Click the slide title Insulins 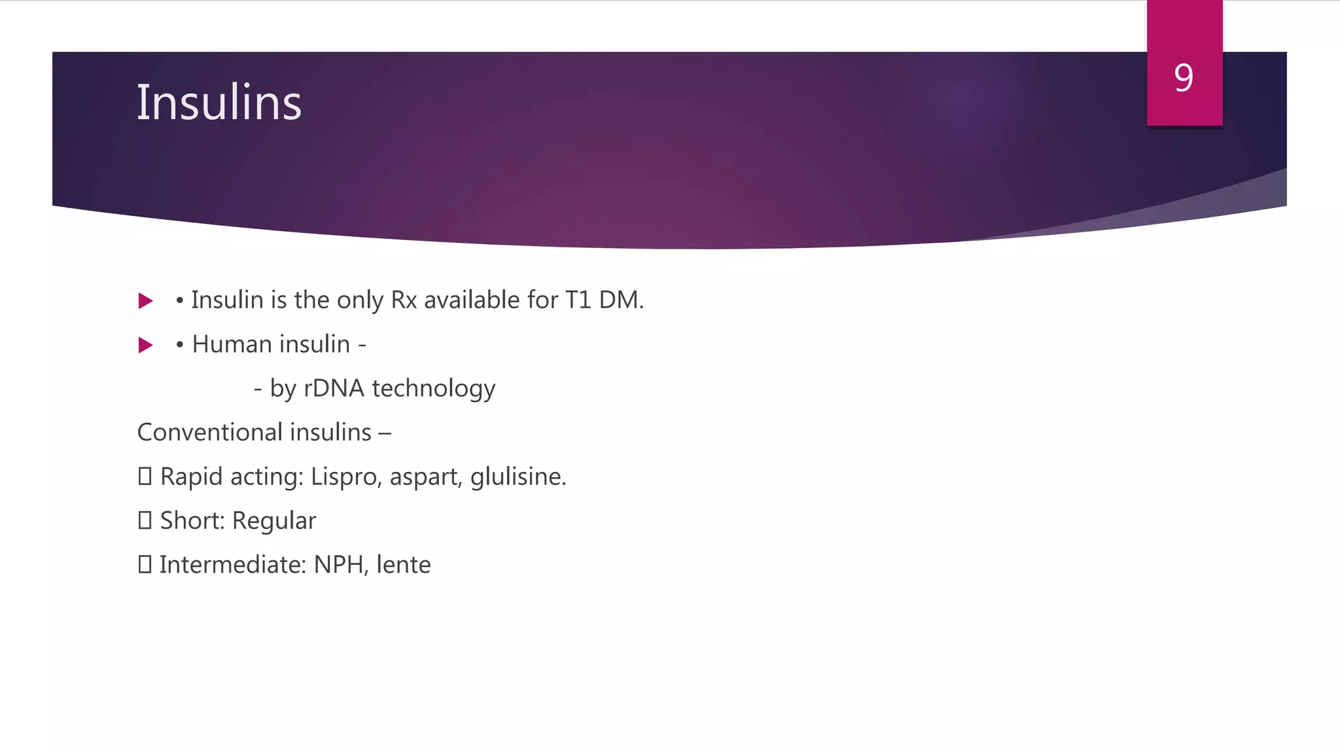click(219, 103)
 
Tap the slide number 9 click(1184, 78)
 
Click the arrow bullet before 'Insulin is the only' click(146, 301)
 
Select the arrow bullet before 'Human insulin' click(146, 345)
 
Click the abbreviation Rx click(404, 300)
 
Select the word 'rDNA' click(334, 388)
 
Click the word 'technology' click(433, 389)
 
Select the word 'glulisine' click(516, 477)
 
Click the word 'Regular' click(273, 521)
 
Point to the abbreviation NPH click(339, 565)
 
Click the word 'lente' click(403, 565)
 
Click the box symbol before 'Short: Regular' click(145, 520)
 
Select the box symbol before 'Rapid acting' click(145, 476)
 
